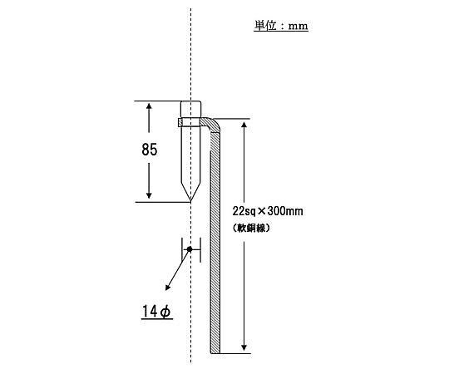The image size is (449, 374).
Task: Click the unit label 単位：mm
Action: coord(281,26)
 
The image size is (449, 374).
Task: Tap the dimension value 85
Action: coord(150,150)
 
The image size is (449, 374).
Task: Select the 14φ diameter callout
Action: coord(156,312)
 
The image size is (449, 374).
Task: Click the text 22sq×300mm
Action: coord(268,211)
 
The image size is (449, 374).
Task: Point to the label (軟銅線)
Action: coord(251,228)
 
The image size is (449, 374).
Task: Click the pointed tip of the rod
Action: coord(190,201)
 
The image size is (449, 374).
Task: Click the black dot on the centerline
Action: coord(190,249)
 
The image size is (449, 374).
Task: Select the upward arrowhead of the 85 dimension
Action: coord(149,106)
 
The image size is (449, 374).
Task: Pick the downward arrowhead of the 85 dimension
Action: coord(149,195)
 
